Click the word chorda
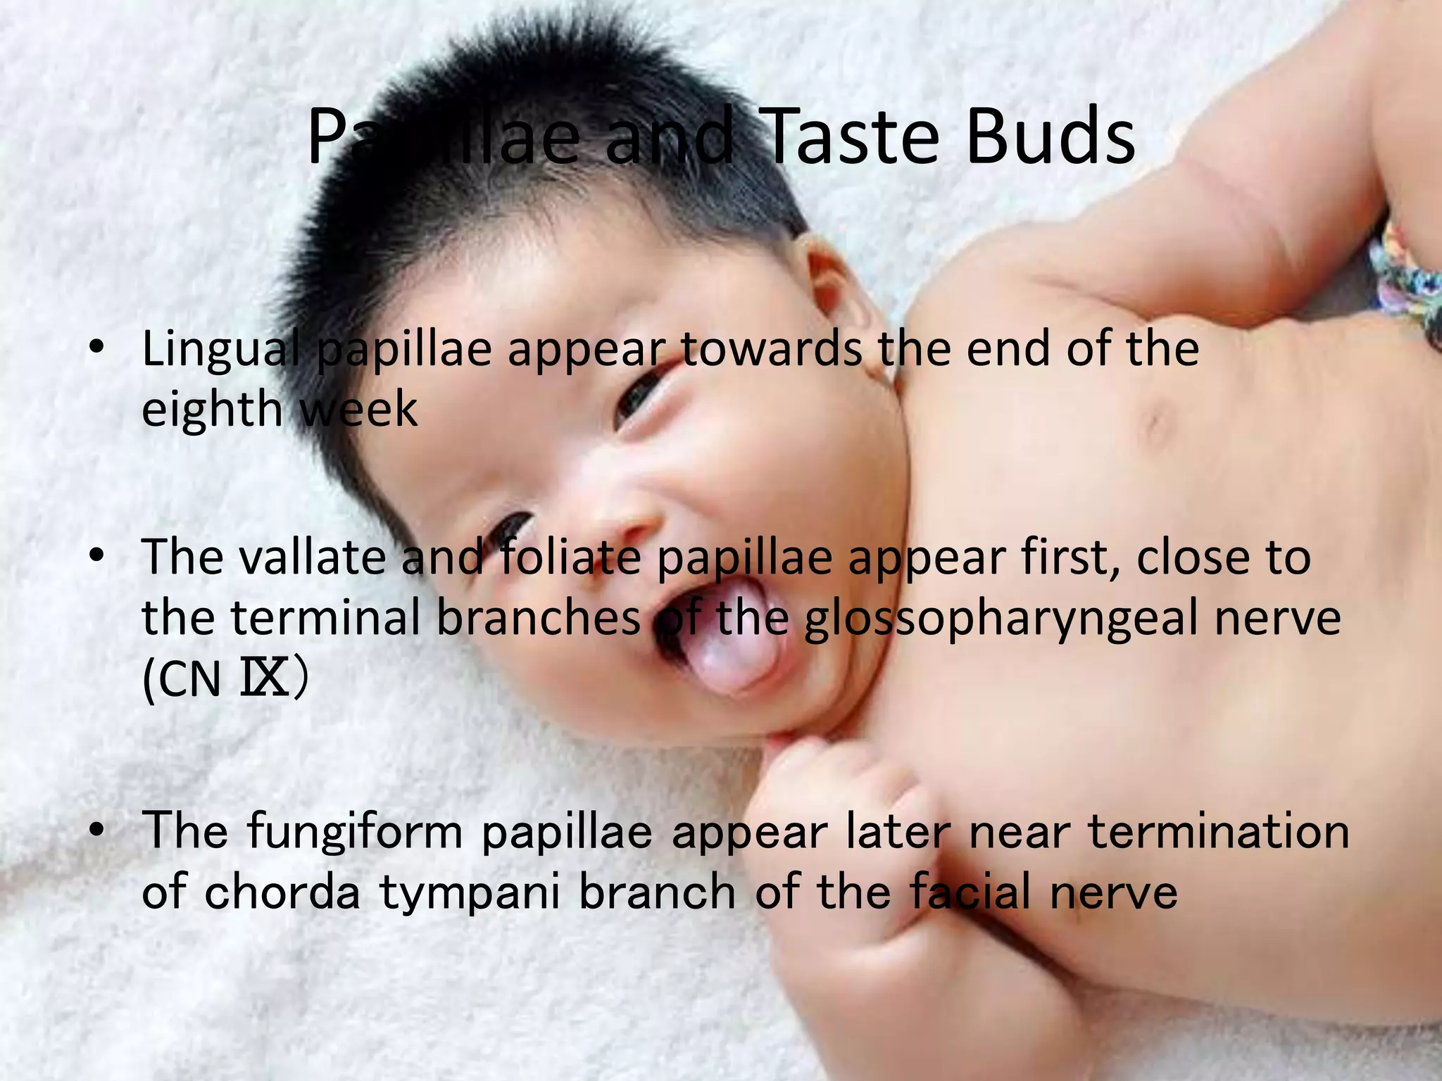coord(282,891)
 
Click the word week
coord(358,409)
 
